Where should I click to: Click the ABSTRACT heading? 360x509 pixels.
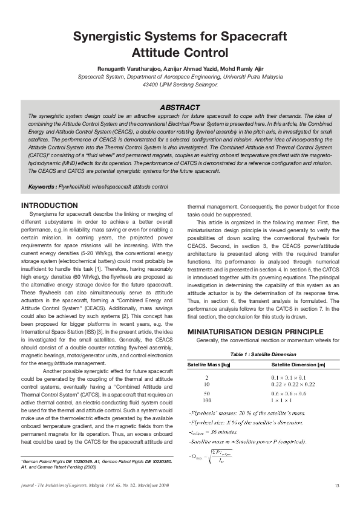[x=180, y=107]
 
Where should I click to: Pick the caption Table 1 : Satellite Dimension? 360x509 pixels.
[x=263, y=355]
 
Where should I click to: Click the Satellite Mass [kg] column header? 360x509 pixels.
[x=209, y=365]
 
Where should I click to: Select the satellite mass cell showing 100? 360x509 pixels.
[x=207, y=400]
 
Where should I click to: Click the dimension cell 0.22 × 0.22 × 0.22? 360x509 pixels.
[x=292, y=384]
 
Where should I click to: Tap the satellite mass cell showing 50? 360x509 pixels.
[x=207, y=393]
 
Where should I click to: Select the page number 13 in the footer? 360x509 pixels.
[x=336, y=486]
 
